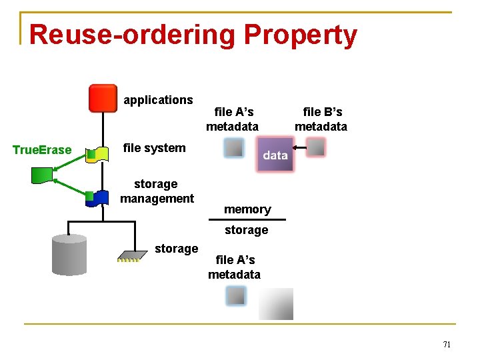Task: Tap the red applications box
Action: (103, 98)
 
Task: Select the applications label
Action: (158, 100)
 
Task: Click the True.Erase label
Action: (42, 150)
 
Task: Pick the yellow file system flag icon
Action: (99, 155)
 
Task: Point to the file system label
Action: (155, 148)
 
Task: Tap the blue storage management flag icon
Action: (99, 197)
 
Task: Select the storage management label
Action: (157, 191)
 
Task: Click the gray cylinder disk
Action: (69, 255)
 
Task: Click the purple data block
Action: (275, 155)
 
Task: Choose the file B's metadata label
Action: (321, 119)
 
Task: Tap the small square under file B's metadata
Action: (316, 147)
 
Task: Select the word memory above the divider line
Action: (247, 209)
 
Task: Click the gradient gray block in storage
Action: (276, 303)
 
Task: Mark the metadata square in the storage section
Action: (235, 295)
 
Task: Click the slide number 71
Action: (447, 345)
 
